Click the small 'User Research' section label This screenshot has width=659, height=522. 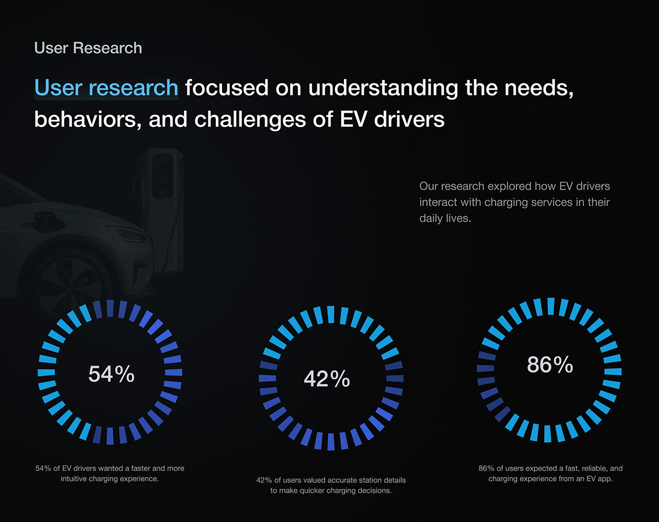88,48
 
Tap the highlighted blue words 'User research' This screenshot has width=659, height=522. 106,88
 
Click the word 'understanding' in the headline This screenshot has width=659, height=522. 383,88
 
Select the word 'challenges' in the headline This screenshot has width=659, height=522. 250,120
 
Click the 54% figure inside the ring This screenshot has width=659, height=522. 111,374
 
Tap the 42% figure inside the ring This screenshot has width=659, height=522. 327,379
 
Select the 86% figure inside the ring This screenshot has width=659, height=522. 550,365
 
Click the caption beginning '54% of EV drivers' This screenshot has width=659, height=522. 110,473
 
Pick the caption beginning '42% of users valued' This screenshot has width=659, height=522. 331,485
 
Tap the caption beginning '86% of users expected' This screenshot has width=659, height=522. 551,473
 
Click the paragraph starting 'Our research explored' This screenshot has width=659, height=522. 515,202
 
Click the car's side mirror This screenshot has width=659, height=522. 46,218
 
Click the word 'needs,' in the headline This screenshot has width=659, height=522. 539,88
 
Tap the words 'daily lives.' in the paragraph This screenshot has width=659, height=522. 445,218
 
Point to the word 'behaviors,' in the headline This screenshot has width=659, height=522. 88,120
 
